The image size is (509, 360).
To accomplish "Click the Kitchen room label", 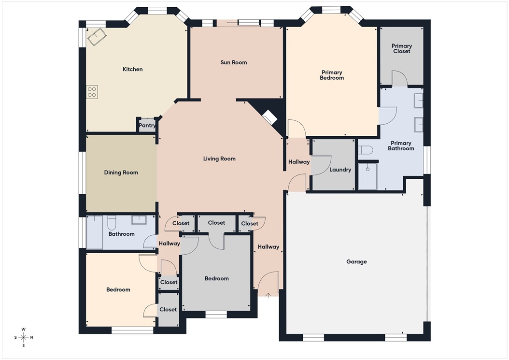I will (x=132, y=69).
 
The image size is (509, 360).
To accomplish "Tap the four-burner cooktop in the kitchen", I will (x=92, y=92).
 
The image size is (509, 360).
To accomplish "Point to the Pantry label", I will (x=147, y=126).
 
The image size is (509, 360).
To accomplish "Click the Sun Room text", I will (x=233, y=62).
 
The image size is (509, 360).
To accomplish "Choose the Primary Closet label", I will (x=401, y=48).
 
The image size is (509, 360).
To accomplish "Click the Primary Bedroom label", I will (x=332, y=75).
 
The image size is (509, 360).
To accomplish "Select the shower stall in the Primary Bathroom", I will (x=368, y=176).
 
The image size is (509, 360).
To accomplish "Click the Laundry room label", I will (x=339, y=170).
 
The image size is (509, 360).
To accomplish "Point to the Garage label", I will (x=356, y=261).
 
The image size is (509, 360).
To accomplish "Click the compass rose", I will (x=24, y=337).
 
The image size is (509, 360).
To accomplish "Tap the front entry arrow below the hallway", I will (x=268, y=295).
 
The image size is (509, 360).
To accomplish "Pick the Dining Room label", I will (x=121, y=173).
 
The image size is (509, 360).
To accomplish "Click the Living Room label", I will (x=219, y=158).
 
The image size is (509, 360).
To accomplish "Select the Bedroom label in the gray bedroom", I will (x=216, y=278).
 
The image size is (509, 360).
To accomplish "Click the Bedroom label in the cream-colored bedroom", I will (x=118, y=289).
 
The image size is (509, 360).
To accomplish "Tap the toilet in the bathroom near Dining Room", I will (x=112, y=223).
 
